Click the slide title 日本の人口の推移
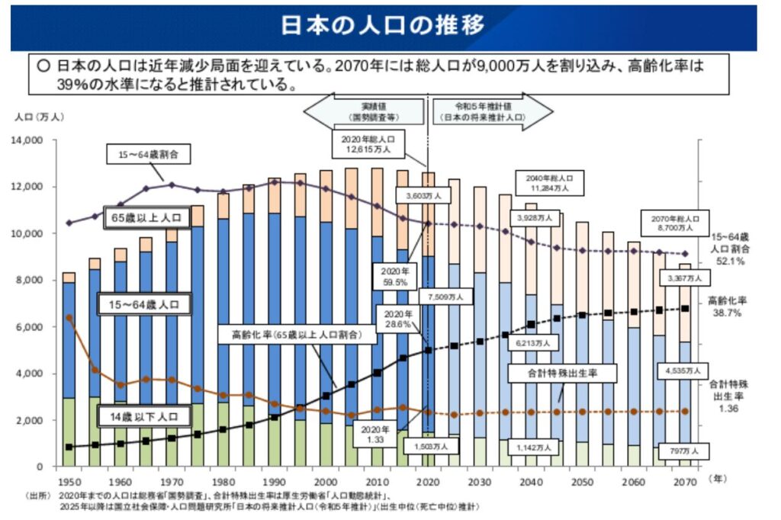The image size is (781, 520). coord(383,27)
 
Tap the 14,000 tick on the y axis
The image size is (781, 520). coord(30,141)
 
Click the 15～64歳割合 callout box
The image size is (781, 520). coord(148,155)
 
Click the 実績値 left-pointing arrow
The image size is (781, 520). coord(365,112)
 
